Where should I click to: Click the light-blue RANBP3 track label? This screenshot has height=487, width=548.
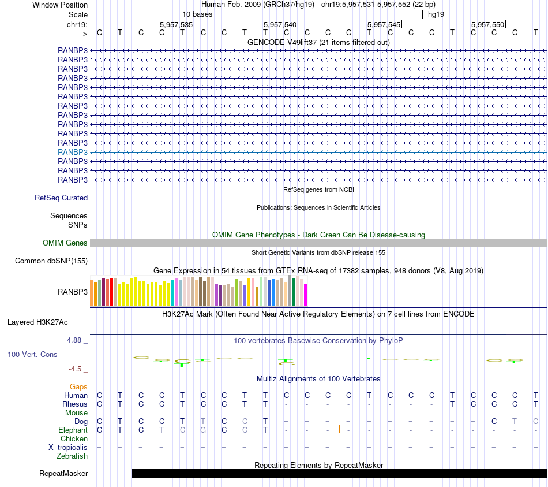pyautogui.click(x=73, y=152)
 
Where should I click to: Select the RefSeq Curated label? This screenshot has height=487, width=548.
pyautogui.click(x=61, y=198)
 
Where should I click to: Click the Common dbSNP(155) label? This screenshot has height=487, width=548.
pyautogui.click(x=51, y=261)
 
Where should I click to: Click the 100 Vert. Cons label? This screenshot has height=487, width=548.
pyautogui.click(x=32, y=354)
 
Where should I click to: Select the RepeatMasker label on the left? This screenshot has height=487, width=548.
pyautogui.click(x=63, y=474)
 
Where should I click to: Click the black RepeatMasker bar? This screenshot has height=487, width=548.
pyautogui.click(x=339, y=474)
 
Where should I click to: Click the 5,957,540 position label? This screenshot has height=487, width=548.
pyautogui.click(x=280, y=24)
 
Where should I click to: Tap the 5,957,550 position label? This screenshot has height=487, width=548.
pyautogui.click(x=487, y=24)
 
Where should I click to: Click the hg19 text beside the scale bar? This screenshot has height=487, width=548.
pyautogui.click(x=436, y=14)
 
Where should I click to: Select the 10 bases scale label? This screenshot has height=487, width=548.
pyautogui.click(x=197, y=14)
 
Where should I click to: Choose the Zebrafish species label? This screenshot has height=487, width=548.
pyautogui.click(x=72, y=456)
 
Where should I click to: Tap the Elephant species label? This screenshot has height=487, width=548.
pyautogui.click(x=73, y=430)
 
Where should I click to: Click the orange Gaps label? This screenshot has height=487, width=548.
pyautogui.click(x=78, y=386)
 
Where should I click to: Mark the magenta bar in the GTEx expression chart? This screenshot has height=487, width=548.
pyautogui.click(x=306, y=295)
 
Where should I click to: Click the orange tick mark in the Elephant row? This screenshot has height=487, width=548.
pyautogui.click(x=339, y=429)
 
